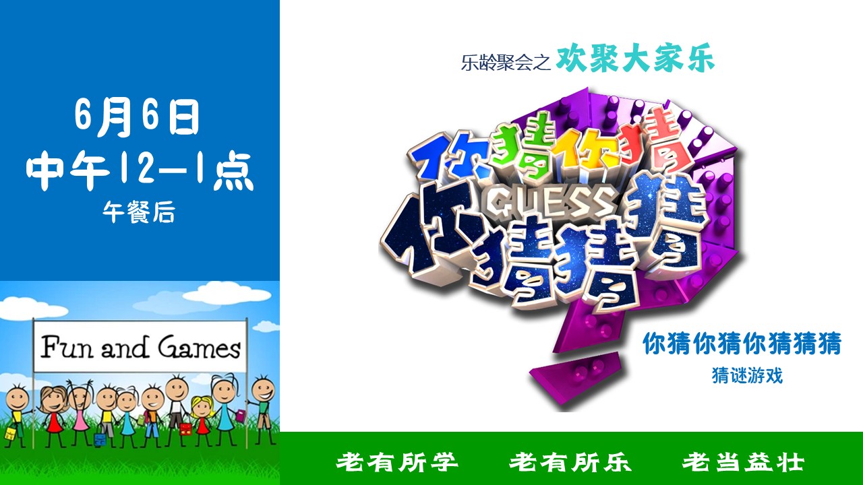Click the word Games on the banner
(199, 347)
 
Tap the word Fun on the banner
(67, 346)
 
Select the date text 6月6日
(137, 117)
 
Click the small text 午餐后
(139, 212)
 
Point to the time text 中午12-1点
(140, 170)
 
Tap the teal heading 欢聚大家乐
(635, 59)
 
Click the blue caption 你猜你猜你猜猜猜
(742, 344)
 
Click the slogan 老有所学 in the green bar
(397, 462)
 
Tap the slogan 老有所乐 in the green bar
(570, 462)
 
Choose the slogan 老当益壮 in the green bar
(744, 462)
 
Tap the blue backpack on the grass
(100, 440)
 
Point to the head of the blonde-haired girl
(202, 407)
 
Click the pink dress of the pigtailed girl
(81, 421)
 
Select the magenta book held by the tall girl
(241, 416)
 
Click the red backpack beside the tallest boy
(186, 429)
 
